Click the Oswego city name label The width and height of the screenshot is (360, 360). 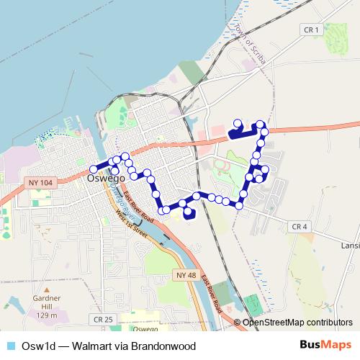point(106,177)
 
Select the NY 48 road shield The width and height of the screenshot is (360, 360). point(185,275)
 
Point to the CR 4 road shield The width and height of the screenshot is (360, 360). point(300,226)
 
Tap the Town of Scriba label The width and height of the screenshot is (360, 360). point(250,43)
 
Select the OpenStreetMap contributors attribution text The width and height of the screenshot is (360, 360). point(297,322)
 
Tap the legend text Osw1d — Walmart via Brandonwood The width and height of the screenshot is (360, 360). point(109,346)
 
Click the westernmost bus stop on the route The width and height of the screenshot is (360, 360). point(93,169)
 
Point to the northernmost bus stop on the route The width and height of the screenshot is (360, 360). point(238,122)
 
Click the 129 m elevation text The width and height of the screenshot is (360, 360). point(47,315)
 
